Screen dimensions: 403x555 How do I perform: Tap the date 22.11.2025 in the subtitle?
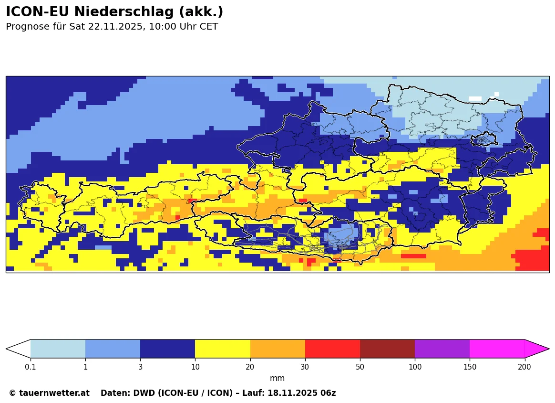pos(116,27)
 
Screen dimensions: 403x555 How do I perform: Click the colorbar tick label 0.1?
pos(31,367)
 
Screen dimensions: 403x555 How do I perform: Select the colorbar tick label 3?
pos(140,367)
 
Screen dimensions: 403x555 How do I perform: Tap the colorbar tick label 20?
pos(250,367)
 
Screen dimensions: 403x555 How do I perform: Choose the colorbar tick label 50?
pos(360,367)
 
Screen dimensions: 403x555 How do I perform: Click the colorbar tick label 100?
pos(415,367)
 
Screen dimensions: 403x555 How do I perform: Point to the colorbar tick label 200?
pos(524,367)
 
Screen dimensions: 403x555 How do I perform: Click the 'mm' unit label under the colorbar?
pos(277,379)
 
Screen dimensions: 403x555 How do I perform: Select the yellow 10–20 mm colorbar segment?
pos(223,349)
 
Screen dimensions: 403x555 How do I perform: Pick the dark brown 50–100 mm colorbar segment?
pos(387,349)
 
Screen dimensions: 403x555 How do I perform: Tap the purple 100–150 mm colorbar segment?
pos(442,349)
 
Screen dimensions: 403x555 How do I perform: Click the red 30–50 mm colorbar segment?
pos(332,349)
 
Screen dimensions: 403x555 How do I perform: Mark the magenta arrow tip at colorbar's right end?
pos(536,349)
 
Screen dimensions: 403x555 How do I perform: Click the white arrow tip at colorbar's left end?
pos(18,349)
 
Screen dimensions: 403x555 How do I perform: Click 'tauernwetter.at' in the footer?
pos(54,393)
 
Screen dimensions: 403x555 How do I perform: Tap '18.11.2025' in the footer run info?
pos(292,393)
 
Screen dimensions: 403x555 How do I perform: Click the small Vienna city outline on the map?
pos(484,140)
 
